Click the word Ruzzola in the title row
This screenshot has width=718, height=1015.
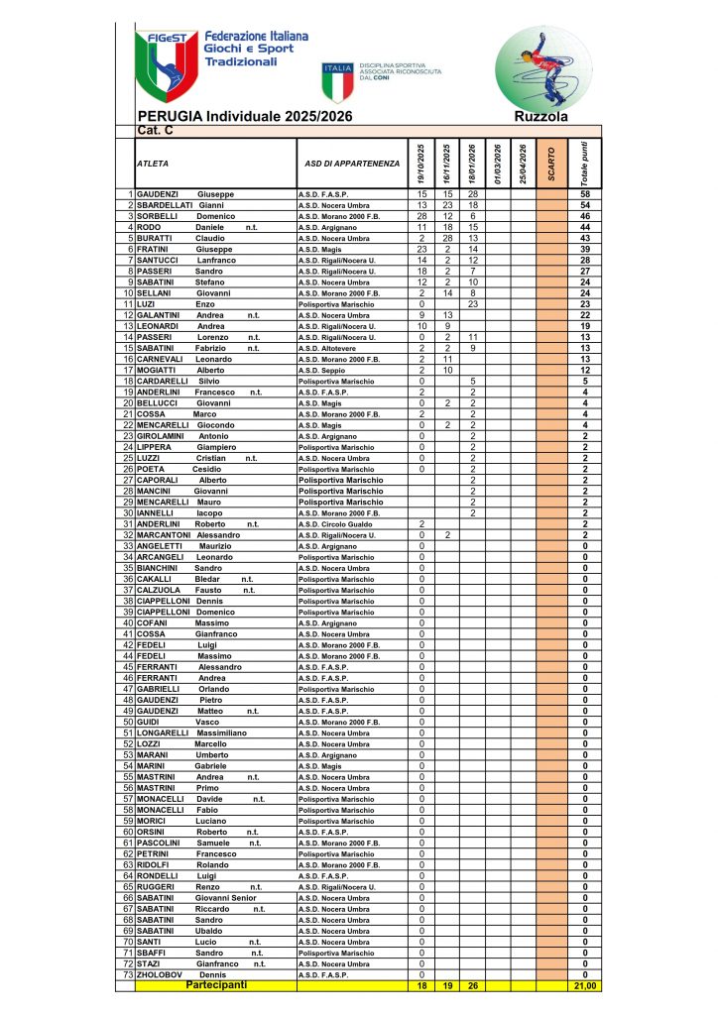[x=541, y=117]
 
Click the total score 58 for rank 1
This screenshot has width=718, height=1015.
[x=585, y=193]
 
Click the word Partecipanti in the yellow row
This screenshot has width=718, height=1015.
[x=215, y=985]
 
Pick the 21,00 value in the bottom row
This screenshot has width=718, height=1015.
[x=585, y=986]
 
